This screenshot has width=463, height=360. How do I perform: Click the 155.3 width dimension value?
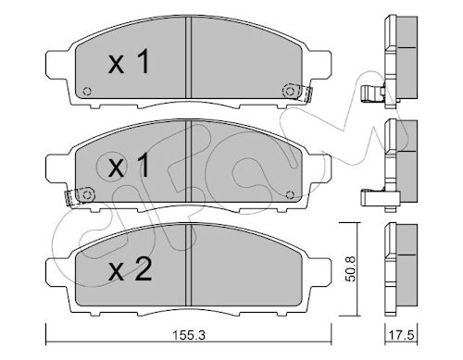click(x=190, y=335)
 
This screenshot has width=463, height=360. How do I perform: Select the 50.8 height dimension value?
click(x=351, y=269)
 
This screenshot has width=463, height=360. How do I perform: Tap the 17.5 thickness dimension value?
click(x=402, y=335)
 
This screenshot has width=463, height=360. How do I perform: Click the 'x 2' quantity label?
click(x=130, y=270)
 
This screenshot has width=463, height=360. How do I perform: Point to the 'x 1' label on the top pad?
click(x=129, y=62)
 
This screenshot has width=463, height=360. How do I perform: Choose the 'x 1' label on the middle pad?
click(x=129, y=166)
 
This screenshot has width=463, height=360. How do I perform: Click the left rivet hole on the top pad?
click(x=87, y=91)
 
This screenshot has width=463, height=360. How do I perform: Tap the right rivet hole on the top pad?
click(x=290, y=91)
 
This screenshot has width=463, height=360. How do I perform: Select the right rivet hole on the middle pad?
click(x=290, y=194)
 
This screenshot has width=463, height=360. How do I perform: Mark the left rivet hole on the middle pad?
click(x=87, y=194)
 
